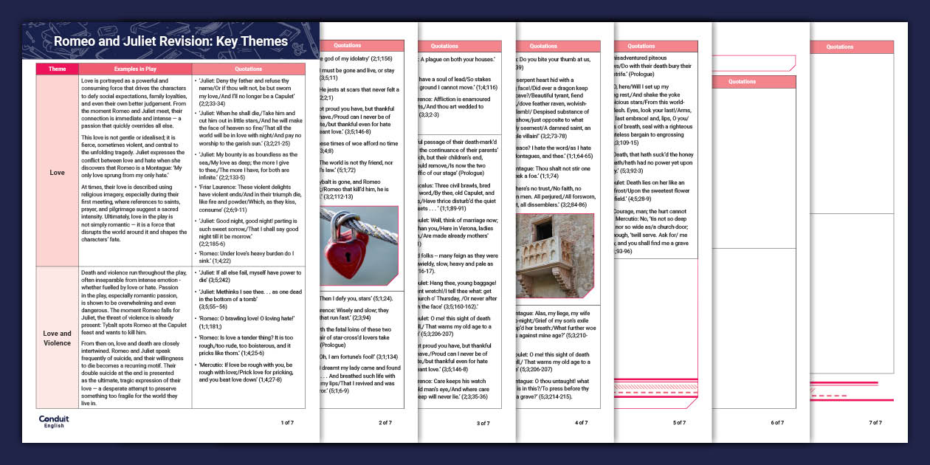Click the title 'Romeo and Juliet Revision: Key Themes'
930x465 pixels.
pos(170,41)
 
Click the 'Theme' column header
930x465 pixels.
pos(57,69)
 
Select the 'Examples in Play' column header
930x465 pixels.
pos(134,69)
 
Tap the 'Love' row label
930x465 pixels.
pos(57,172)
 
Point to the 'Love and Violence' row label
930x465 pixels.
pos(57,338)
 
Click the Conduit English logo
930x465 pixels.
pos(54,421)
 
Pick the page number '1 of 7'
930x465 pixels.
pos(287,422)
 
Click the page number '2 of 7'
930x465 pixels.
pos(385,422)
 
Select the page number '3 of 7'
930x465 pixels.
pos(483,423)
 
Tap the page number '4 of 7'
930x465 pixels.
pos(582,423)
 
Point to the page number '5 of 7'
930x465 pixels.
pos(679,423)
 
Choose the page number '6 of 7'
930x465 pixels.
pos(777,423)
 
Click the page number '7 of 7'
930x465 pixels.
pos(875,423)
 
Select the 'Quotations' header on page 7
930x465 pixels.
pos(840,47)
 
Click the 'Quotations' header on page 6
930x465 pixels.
pos(742,82)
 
